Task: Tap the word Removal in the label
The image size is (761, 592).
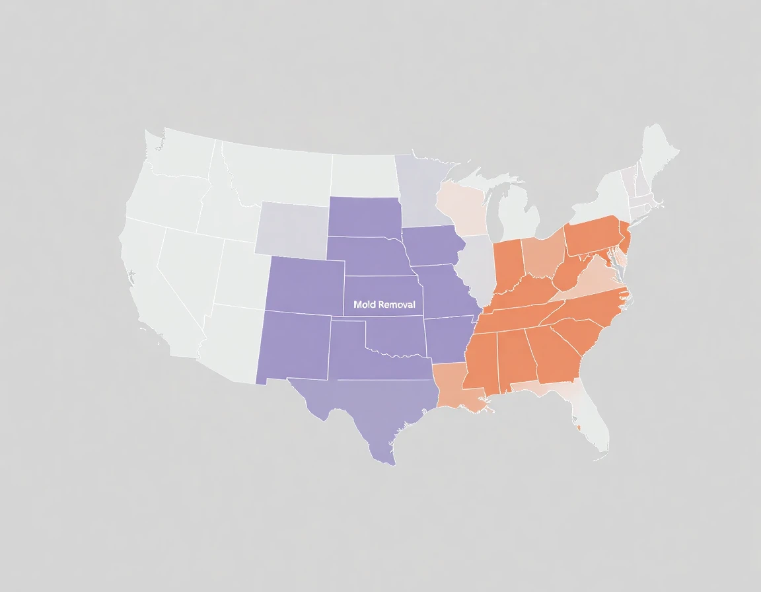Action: click(x=395, y=305)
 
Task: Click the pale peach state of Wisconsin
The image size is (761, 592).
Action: click(x=462, y=208)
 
